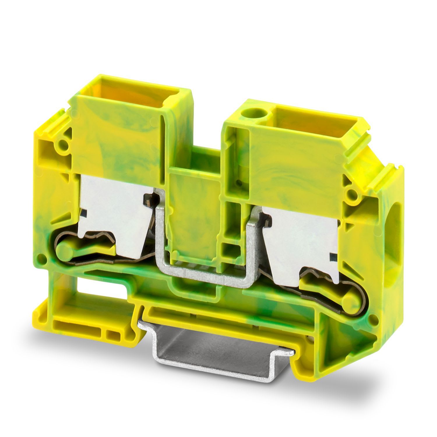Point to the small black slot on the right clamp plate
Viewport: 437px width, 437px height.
point(332,256)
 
